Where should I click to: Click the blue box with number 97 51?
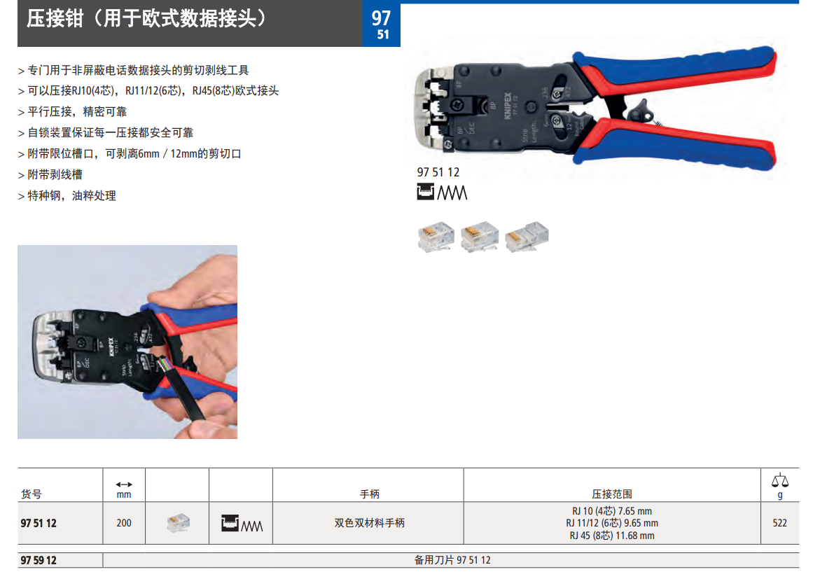382,25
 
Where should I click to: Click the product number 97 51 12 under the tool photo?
438,172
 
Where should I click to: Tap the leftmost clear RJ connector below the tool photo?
436,236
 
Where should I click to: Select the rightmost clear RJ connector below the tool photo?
527,236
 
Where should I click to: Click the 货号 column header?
32,494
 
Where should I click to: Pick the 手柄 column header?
369,494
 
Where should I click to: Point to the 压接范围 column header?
612,494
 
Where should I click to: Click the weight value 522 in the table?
779,523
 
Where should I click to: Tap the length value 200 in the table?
124,523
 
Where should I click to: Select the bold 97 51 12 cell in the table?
39,523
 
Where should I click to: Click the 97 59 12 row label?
39,560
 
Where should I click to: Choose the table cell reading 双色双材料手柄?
369,523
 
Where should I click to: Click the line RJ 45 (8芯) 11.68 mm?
612,536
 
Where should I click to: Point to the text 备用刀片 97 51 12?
452,560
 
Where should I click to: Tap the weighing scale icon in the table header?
779,480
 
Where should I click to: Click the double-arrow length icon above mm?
124,484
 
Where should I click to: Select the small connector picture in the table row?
179,523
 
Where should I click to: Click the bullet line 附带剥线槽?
50,174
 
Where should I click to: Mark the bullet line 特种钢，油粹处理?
67,195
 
